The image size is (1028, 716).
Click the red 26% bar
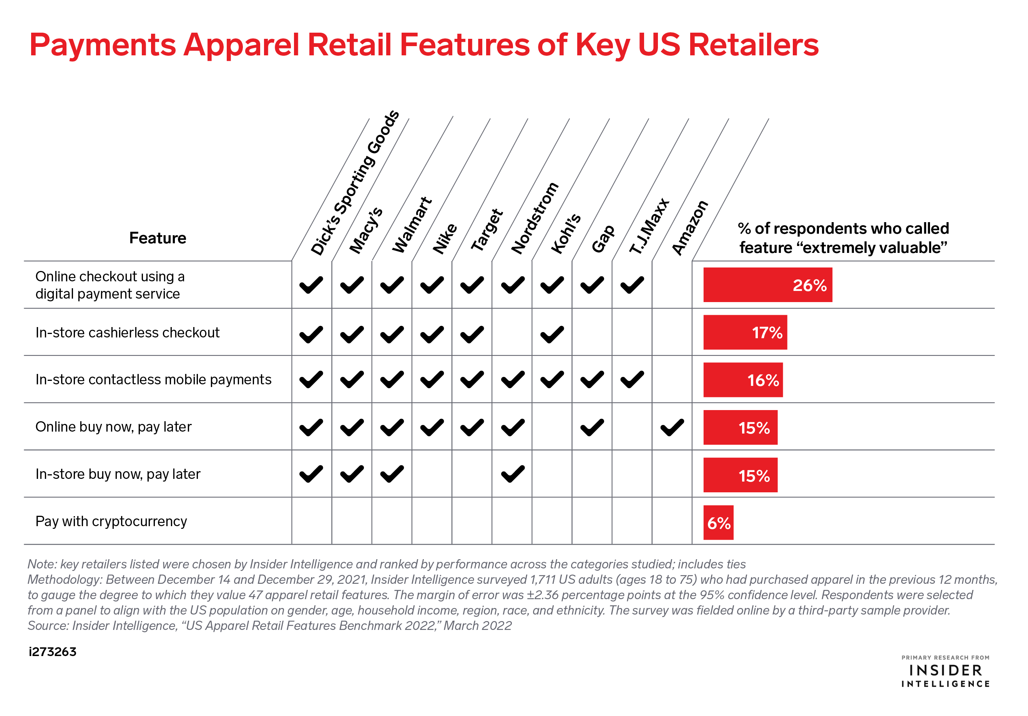point(767,285)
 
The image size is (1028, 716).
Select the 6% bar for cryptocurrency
point(718,523)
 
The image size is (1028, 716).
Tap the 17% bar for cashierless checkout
point(745,332)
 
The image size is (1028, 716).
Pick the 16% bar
point(743,380)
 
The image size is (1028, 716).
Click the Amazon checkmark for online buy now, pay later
point(672,427)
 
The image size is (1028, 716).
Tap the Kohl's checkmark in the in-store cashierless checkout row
point(552,334)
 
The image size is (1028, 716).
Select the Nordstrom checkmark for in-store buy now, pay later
point(513,474)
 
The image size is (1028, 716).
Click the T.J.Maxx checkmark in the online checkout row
point(632,285)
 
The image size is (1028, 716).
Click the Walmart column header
point(412,225)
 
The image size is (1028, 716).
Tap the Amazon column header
point(690,228)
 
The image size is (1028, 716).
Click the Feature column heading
point(158,238)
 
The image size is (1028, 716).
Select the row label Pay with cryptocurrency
point(111,521)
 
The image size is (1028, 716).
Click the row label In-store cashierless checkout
point(128,332)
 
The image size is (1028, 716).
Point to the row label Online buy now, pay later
point(113,427)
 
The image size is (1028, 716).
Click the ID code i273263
point(52,651)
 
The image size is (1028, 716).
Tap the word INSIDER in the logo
point(946,670)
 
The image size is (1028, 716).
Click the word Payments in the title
point(103,46)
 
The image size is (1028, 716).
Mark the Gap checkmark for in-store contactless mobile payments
point(592,380)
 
